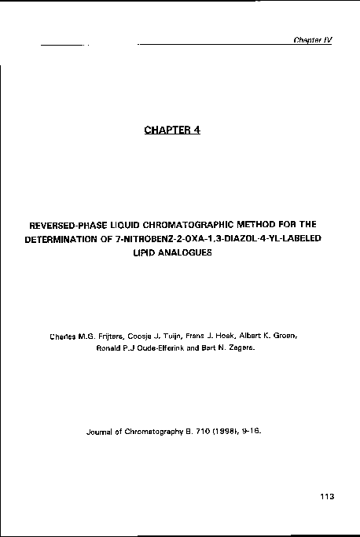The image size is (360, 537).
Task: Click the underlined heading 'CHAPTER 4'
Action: [173, 130]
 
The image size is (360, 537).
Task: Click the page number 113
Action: [328, 495]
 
